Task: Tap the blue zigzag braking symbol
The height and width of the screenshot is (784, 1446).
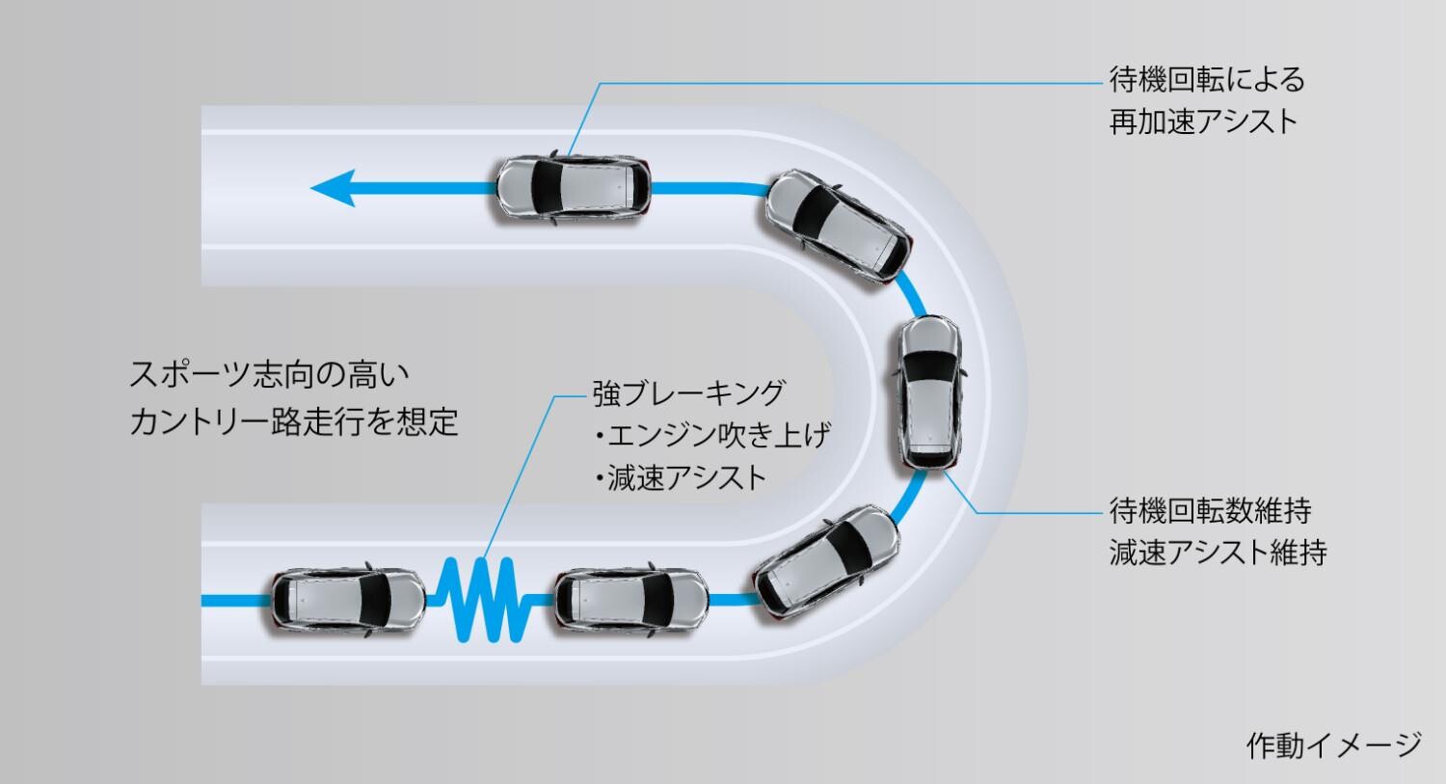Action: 485,601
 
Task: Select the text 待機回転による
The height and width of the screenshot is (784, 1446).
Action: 1207,79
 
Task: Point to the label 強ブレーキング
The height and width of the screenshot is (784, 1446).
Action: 689,393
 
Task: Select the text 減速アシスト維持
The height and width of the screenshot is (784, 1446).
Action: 1218,553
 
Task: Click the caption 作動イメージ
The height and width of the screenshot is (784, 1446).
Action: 1333,745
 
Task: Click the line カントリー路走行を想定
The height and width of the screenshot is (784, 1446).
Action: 294,421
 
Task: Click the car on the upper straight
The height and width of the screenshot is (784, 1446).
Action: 574,188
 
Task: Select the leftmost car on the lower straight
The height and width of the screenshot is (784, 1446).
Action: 347,600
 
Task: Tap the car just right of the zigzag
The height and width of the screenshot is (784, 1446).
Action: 631,600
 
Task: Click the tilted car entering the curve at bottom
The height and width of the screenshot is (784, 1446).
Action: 827,562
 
